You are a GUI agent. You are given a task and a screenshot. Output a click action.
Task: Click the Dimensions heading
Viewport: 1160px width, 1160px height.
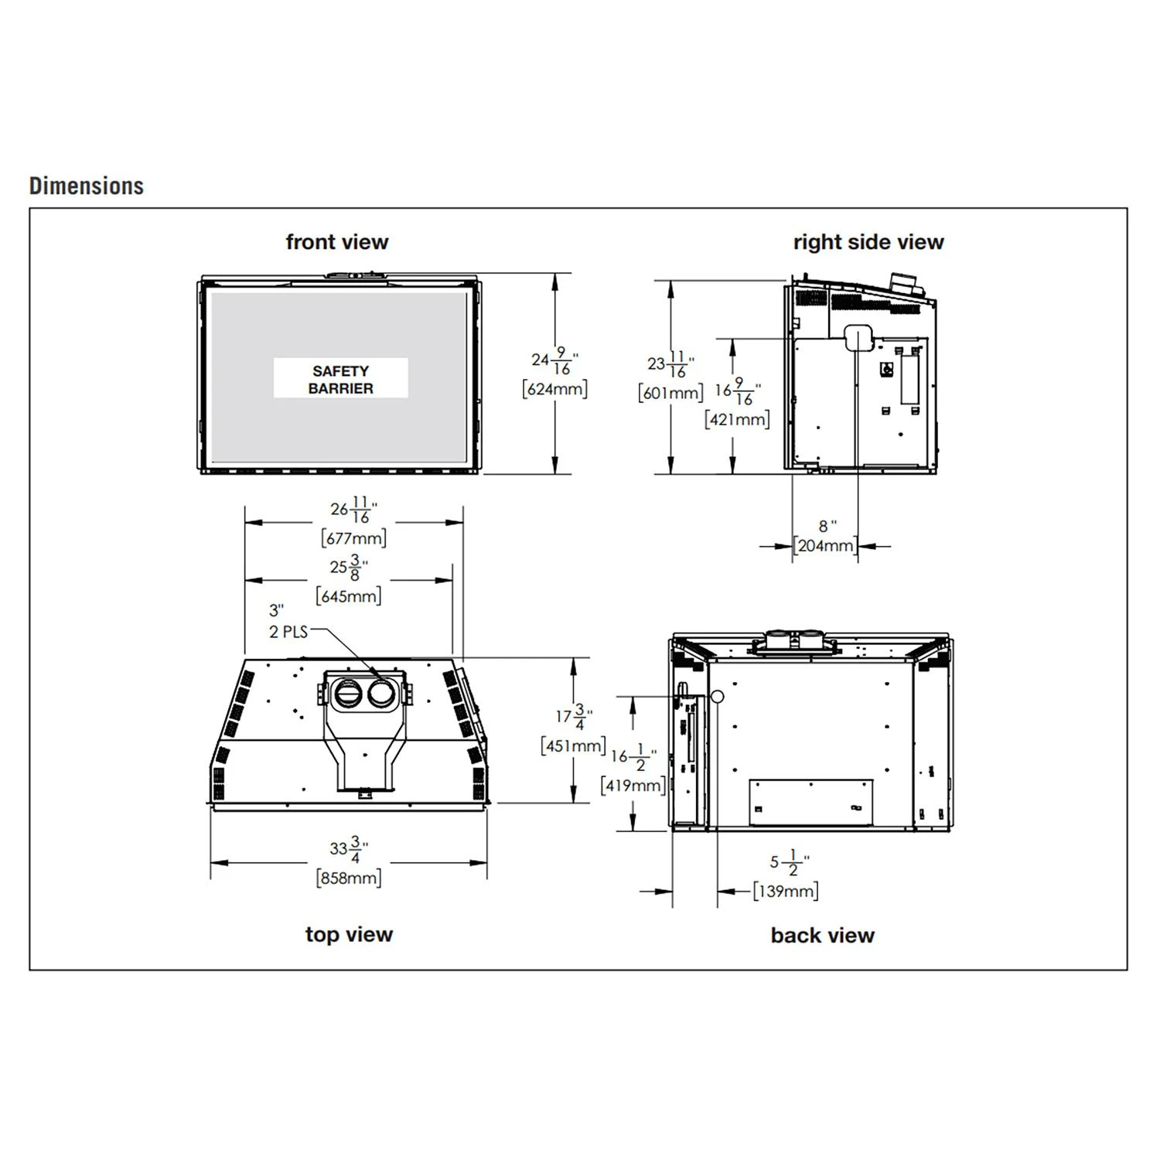click(87, 186)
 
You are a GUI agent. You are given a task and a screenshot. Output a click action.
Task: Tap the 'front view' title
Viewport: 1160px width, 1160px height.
click(337, 242)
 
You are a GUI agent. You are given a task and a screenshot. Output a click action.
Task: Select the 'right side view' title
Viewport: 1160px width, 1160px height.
click(868, 242)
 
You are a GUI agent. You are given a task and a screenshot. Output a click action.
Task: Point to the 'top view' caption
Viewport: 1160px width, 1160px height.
click(349, 934)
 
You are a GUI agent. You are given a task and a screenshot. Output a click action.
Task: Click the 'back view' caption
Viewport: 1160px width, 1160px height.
click(822, 935)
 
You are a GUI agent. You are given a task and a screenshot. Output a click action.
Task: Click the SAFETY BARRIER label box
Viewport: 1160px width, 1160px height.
click(340, 379)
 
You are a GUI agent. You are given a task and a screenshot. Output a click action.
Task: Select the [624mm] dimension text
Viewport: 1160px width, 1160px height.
click(555, 388)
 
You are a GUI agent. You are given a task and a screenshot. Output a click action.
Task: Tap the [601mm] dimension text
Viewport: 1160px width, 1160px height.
click(670, 393)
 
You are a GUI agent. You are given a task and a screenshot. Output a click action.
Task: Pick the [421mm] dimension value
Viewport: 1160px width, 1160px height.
click(737, 419)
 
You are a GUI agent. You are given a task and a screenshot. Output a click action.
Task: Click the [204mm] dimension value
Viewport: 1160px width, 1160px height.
click(825, 545)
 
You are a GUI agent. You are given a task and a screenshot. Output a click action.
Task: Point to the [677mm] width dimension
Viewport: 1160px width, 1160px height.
click(353, 537)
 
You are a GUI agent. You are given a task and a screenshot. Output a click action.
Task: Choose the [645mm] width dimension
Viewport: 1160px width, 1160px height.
click(349, 596)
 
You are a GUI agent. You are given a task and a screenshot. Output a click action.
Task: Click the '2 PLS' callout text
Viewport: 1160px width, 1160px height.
click(288, 632)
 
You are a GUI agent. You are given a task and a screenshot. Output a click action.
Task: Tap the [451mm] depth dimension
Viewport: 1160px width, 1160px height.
click(573, 745)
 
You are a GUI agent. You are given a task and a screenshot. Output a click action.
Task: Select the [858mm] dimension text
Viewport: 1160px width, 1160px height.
click(349, 878)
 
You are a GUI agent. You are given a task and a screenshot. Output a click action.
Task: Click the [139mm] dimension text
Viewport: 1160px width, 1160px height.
click(786, 891)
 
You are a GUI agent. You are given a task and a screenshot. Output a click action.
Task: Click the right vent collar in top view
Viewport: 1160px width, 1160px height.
click(380, 694)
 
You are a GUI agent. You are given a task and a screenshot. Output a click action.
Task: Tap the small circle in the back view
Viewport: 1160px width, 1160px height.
click(717, 697)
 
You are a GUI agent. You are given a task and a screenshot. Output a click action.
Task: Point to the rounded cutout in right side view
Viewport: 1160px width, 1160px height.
click(858, 338)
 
